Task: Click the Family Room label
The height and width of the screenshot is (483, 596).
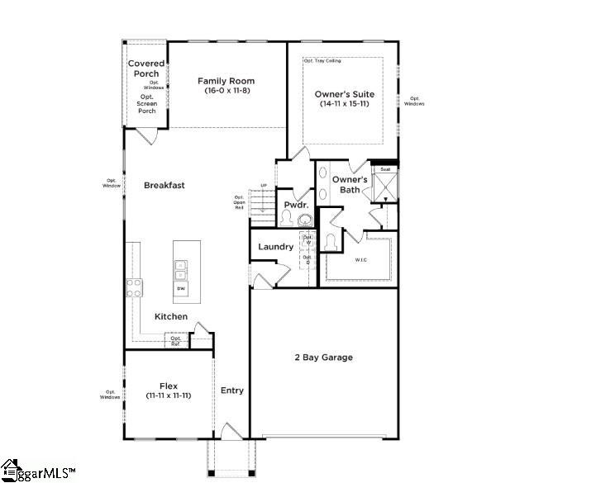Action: point(226,81)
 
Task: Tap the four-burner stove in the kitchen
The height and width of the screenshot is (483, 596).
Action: point(134,288)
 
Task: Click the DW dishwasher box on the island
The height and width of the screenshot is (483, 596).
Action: point(180,289)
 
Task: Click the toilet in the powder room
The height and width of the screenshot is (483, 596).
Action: point(285,218)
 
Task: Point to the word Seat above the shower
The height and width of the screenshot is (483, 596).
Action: point(384,169)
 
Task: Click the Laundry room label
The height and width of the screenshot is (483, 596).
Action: point(275,247)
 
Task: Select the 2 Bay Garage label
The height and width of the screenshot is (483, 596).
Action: point(324,358)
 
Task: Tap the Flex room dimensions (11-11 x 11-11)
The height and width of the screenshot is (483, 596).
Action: point(169,396)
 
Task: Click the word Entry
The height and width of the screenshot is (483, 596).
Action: point(232,391)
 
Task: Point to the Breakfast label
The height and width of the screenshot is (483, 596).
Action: point(164,185)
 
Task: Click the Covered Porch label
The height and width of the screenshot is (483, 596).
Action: point(146,69)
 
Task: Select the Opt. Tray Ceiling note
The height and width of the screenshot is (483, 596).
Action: point(322,60)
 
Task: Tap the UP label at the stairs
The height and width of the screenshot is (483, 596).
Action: point(264,185)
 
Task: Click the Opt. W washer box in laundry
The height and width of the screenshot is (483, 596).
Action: point(307,240)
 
